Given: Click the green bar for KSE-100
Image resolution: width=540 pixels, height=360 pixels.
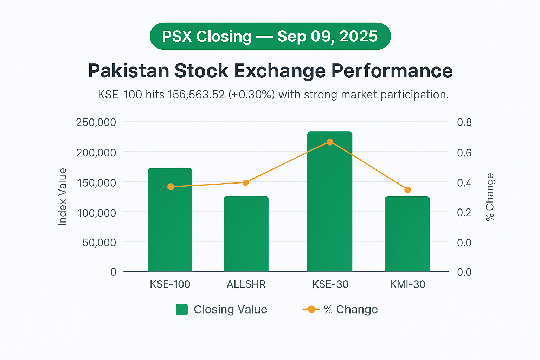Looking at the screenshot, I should pyautogui.click(x=170, y=225).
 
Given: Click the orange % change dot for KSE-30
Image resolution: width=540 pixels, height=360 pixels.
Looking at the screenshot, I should pyautogui.click(x=330, y=142).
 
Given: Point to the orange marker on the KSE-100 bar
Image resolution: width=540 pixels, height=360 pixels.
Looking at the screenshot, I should pyautogui.click(x=171, y=187).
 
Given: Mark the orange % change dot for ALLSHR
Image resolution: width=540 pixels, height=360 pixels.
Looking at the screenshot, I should pyautogui.click(x=246, y=182).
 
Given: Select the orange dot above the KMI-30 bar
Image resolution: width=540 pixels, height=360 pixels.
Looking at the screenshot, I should pyautogui.click(x=407, y=190).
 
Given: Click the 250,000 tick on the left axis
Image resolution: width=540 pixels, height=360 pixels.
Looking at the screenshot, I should pyautogui.click(x=96, y=122).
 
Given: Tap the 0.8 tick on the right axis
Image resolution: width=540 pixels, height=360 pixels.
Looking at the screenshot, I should pyautogui.click(x=464, y=122).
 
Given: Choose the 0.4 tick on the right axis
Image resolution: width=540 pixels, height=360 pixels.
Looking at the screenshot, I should pyautogui.click(x=464, y=183).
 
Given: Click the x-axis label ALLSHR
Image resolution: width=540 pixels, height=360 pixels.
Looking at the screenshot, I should pyautogui.click(x=246, y=284).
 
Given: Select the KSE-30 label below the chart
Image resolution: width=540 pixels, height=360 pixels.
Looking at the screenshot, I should pyautogui.click(x=330, y=284).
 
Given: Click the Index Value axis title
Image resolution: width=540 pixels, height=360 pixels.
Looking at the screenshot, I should pyautogui.click(x=63, y=197).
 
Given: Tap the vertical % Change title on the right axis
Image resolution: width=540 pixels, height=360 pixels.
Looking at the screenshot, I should pyautogui.click(x=490, y=197).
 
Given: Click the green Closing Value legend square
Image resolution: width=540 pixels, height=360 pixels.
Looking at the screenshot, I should pyautogui.click(x=182, y=310).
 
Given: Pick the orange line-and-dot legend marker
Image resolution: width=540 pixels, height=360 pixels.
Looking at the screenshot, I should pyautogui.click(x=311, y=309).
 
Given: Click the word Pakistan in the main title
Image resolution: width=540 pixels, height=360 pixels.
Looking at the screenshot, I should pyautogui.click(x=129, y=71).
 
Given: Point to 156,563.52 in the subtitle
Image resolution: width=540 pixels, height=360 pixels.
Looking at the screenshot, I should pyautogui.click(x=196, y=95).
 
